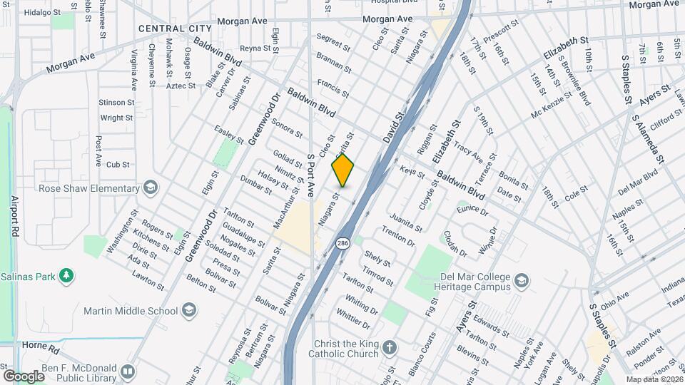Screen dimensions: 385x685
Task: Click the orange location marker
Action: (x=342, y=171)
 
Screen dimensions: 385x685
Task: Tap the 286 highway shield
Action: (x=343, y=243)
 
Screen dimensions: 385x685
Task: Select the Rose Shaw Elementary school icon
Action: (x=151, y=188)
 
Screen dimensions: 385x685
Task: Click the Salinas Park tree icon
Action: (x=66, y=275)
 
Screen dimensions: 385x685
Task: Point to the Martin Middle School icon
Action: (x=189, y=310)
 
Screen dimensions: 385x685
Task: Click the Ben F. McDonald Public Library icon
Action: (x=127, y=371)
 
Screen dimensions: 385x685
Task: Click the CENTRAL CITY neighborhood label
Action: (x=175, y=29)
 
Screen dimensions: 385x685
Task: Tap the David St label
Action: (x=393, y=125)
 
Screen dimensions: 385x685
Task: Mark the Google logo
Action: (x=24, y=375)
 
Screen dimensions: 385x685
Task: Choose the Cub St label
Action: (x=117, y=164)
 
